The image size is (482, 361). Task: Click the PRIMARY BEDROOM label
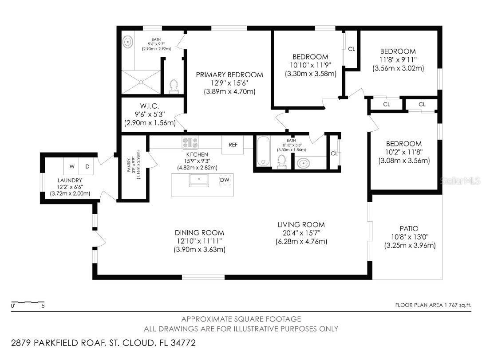coord(229,75)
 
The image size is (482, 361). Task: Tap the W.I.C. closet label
coord(150,106)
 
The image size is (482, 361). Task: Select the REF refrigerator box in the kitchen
coord(233,145)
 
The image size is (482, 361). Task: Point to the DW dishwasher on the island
coord(225,180)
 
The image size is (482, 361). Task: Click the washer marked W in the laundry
coord(71,166)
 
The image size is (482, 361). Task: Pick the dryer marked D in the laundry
coord(87,166)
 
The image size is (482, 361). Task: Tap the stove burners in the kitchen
coord(190,143)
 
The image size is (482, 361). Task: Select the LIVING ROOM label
coord(301,225)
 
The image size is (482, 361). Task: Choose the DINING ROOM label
coord(199,233)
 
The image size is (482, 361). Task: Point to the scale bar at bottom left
coord(28,303)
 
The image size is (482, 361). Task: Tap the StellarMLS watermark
coord(462,181)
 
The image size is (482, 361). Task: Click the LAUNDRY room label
coord(70,180)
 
